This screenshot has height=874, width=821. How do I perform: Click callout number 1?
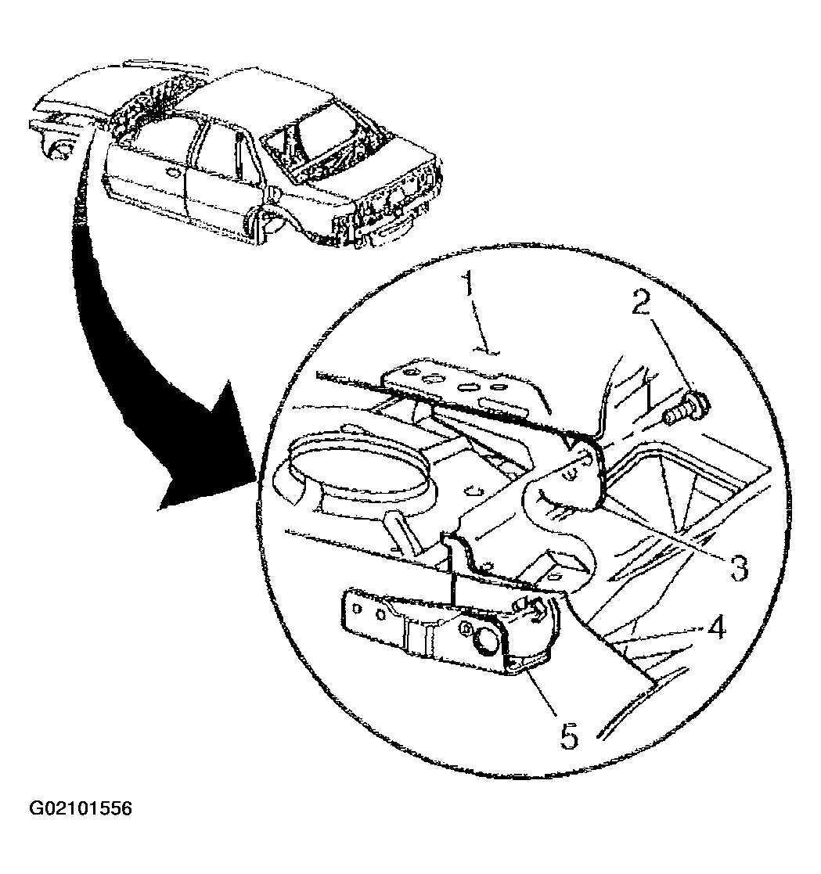pos(470,284)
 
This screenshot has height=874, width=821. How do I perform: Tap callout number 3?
pos(739,567)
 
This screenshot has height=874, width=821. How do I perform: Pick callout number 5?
pos(568,736)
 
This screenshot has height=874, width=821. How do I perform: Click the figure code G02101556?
pos(81,808)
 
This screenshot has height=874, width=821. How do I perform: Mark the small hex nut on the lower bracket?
pos(464,629)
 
